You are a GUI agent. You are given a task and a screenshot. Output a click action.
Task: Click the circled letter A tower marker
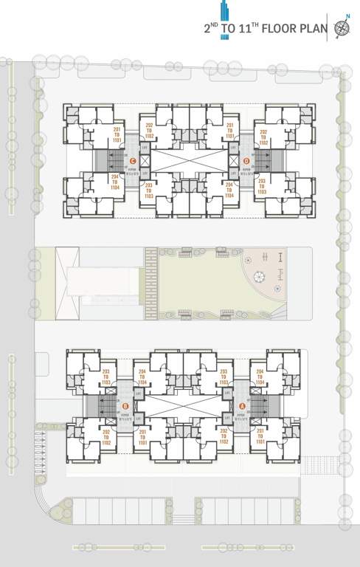click(243, 405)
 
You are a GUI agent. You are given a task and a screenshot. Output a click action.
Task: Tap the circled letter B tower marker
click(125, 405)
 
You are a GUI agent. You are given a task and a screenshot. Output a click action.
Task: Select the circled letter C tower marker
click(132, 160)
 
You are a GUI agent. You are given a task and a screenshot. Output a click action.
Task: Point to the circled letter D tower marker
click(246, 160)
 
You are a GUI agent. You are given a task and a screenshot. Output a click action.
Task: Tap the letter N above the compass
click(348, 16)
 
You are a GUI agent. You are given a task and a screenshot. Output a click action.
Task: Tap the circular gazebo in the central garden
click(260, 276)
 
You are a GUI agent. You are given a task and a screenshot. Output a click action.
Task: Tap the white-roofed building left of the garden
click(103, 283)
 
